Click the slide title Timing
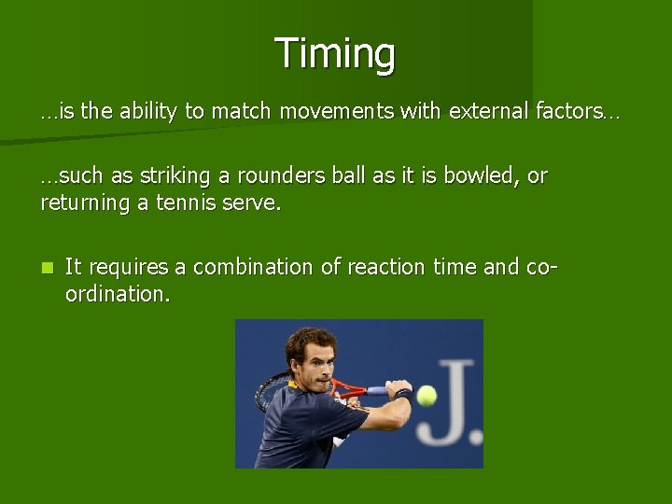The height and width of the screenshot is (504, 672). (x=335, y=53)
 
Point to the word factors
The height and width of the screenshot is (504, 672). (x=569, y=112)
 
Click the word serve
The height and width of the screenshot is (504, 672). (x=250, y=203)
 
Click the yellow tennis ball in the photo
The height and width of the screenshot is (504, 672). (x=427, y=395)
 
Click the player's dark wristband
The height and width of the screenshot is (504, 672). (x=402, y=396)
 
